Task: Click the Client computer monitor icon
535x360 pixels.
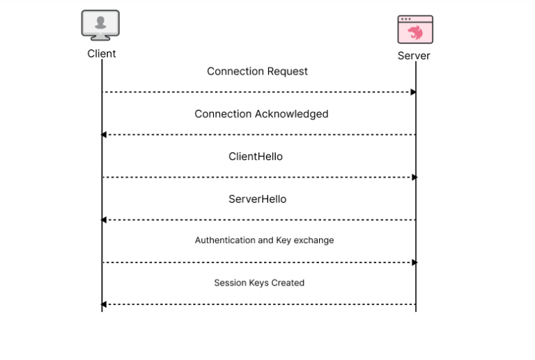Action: click(100, 25)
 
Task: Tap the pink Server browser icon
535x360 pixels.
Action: click(415, 30)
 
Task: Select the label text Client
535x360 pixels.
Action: click(102, 54)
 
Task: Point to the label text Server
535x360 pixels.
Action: click(414, 56)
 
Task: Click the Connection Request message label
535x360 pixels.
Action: click(257, 71)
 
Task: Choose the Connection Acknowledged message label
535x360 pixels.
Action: click(261, 114)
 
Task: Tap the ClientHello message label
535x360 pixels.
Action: click(256, 157)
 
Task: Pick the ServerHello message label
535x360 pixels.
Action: click(257, 199)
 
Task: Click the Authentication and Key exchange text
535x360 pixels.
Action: click(264, 240)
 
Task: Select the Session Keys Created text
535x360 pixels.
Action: click(259, 283)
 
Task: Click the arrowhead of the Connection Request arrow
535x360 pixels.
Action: click(414, 92)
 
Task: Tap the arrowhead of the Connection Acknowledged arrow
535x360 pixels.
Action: click(104, 134)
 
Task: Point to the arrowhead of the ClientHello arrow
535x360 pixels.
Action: click(414, 178)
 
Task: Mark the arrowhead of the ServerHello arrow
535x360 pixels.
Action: click(104, 220)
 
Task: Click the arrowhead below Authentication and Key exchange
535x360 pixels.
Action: click(414, 263)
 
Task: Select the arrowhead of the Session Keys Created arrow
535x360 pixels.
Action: click(104, 304)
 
